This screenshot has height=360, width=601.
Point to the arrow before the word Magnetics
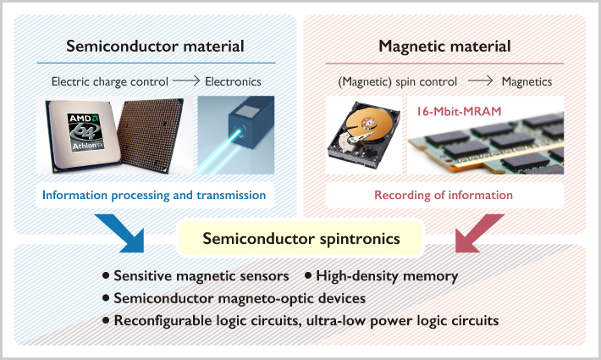tap(480, 82)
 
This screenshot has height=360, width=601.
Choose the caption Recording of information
tap(444, 196)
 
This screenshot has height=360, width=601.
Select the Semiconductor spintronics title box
tap(300, 238)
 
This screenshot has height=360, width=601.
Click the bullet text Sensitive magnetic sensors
tap(201, 276)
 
